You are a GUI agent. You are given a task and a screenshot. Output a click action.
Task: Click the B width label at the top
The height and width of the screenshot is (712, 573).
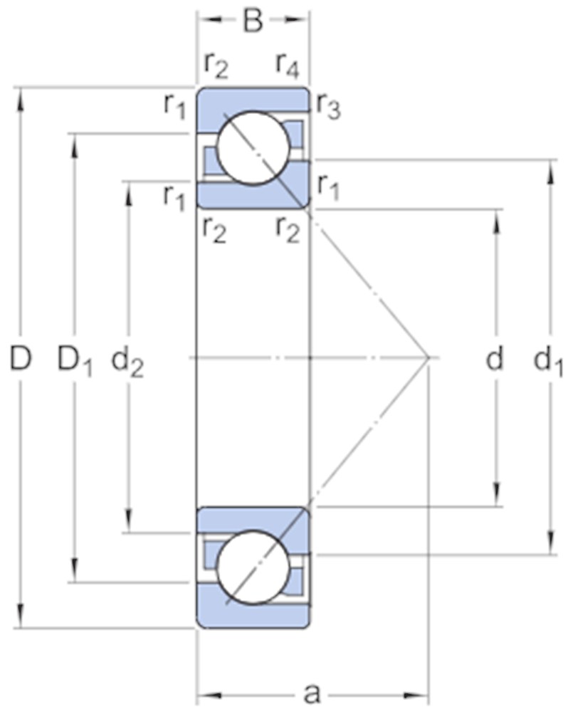pyautogui.click(x=253, y=20)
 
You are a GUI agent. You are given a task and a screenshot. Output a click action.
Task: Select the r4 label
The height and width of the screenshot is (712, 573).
pyautogui.click(x=288, y=66)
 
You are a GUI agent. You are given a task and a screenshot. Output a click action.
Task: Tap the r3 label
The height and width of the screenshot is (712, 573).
pyautogui.click(x=328, y=108)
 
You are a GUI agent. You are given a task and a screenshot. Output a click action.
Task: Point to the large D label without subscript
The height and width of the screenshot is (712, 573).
pyautogui.click(x=21, y=358)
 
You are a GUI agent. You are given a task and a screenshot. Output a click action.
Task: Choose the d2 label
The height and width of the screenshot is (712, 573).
pyautogui.click(x=127, y=362)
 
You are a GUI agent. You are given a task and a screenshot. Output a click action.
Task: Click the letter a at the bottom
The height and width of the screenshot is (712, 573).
pyautogui.click(x=312, y=693)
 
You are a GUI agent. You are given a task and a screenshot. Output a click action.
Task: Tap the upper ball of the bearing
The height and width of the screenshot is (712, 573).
pyautogui.click(x=253, y=148)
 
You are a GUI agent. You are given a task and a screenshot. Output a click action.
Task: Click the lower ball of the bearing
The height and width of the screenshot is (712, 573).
pyautogui.click(x=253, y=567)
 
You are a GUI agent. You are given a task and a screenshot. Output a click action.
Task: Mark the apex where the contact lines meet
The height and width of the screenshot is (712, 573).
pyautogui.click(x=429, y=358)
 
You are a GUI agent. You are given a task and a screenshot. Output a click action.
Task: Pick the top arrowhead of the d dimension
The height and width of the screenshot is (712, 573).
pyautogui.click(x=496, y=222)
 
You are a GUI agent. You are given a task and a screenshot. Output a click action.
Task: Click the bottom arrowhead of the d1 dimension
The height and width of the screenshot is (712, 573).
pyautogui.click(x=551, y=542)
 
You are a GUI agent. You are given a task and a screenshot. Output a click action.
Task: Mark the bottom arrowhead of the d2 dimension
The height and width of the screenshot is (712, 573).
pyautogui.click(x=130, y=520)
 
